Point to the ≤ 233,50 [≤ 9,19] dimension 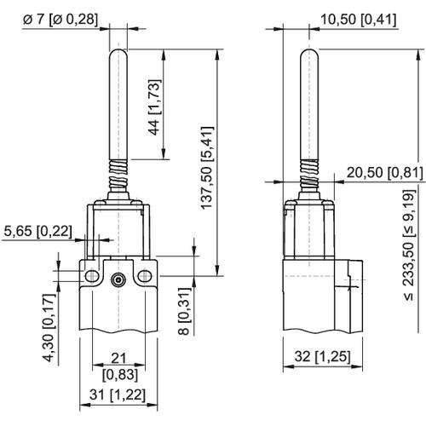coord(412,248)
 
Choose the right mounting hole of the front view coord(146,275)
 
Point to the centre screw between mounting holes coord(118,278)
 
